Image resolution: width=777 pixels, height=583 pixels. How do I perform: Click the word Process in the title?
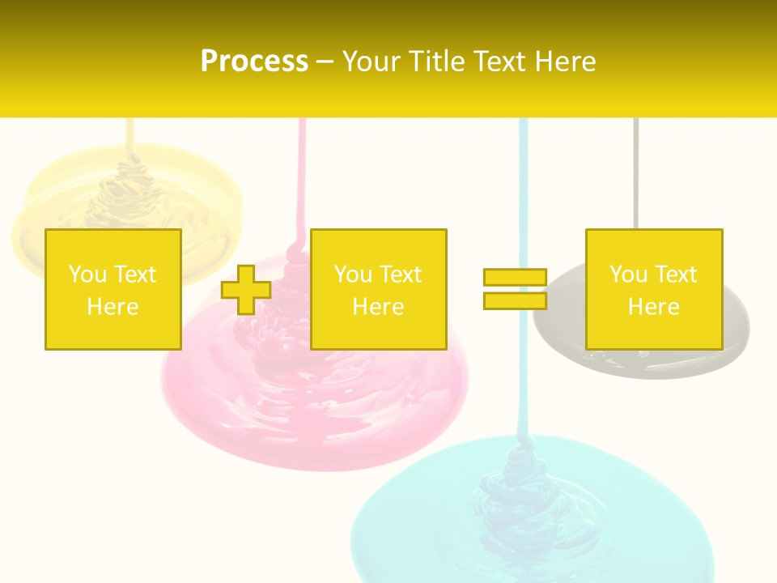[254, 62]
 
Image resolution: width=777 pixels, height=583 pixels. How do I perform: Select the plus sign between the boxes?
[246, 289]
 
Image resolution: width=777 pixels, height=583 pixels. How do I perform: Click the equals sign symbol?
[515, 289]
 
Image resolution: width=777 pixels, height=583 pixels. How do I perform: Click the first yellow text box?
[113, 289]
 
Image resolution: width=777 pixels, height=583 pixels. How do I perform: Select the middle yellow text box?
[378, 289]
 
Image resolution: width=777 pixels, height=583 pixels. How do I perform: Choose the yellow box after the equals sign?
[654, 289]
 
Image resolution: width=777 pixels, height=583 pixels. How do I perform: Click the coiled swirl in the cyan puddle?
[518, 486]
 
